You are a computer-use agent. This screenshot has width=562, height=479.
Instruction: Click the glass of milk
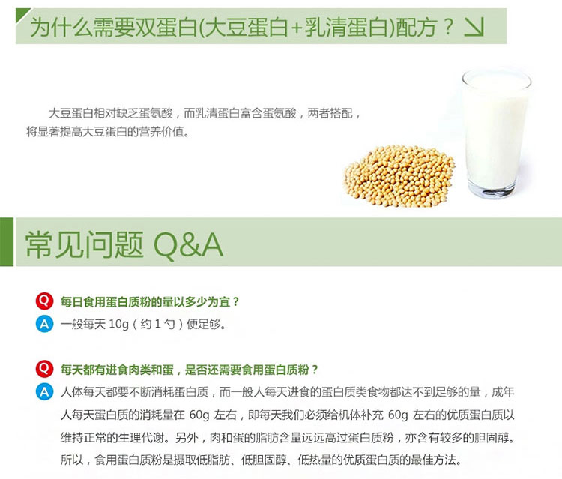(495, 133)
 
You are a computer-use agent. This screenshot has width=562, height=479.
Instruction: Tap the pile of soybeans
(399, 176)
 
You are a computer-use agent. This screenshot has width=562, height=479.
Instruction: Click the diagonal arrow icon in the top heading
(474, 27)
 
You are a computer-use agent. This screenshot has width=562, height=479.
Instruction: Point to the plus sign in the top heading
(297, 28)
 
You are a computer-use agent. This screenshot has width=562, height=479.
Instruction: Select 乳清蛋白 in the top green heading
(346, 27)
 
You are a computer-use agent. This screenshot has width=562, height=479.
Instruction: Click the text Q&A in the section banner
(188, 245)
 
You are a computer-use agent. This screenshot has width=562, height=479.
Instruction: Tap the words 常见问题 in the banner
(85, 245)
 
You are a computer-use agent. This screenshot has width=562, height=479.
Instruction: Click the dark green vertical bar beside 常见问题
(7, 241)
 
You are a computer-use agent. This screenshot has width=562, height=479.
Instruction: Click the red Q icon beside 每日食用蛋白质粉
(44, 301)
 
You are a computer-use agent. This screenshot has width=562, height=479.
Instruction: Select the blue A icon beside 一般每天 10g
(44, 324)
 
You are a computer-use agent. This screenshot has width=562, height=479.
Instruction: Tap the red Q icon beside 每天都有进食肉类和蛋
(44, 369)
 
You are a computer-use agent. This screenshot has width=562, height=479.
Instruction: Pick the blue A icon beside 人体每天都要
(44, 391)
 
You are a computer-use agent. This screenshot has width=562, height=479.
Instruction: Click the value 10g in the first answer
(118, 325)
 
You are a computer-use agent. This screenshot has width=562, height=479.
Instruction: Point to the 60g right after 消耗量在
(199, 415)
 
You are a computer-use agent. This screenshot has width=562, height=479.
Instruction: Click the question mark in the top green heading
(448, 27)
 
